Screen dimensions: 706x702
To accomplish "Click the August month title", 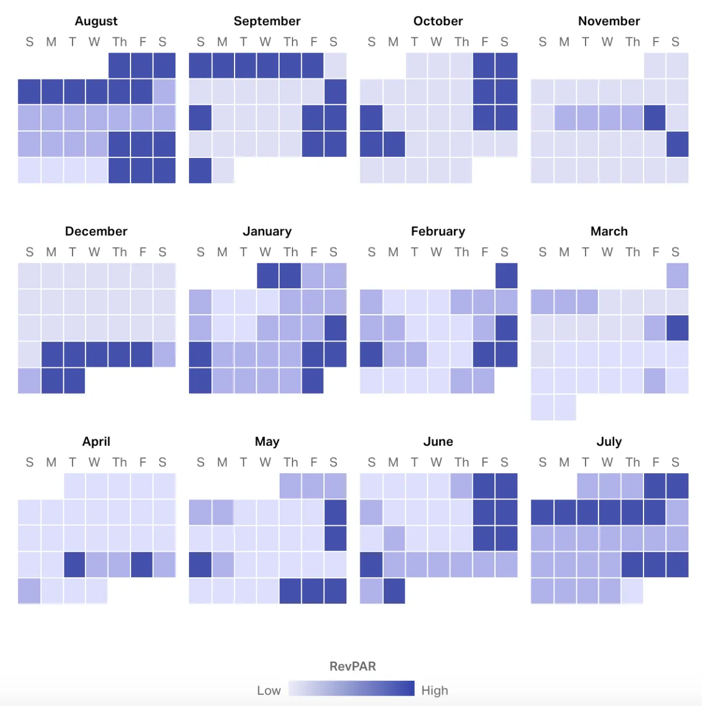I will click(96, 21).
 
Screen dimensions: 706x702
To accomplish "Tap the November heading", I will click(608, 21).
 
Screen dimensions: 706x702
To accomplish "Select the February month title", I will click(438, 231).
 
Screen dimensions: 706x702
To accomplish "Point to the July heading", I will click(608, 442).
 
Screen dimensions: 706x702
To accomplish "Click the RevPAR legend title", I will click(352, 666).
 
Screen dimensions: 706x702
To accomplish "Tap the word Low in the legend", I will click(269, 690).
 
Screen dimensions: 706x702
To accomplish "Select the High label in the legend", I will click(435, 690).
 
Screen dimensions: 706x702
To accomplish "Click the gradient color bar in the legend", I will click(351, 688).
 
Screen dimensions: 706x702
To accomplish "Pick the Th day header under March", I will click(632, 252).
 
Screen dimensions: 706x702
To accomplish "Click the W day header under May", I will click(265, 462).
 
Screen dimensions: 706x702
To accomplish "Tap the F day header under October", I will click(484, 42).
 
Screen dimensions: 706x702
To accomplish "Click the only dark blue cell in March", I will click(677, 328).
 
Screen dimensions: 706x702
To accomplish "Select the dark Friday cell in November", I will click(655, 118).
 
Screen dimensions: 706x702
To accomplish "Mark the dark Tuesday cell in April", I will click(74, 564).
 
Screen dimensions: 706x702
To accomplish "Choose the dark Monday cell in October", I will click(394, 144).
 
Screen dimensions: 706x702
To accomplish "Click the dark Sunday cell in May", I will click(200, 564).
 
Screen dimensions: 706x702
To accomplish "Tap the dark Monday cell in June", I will click(394, 591).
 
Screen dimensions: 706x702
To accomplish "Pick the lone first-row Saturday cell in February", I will click(506, 275).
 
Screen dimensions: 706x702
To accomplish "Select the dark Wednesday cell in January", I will click(268, 275).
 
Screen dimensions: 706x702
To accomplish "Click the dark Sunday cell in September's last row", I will click(200, 170).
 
